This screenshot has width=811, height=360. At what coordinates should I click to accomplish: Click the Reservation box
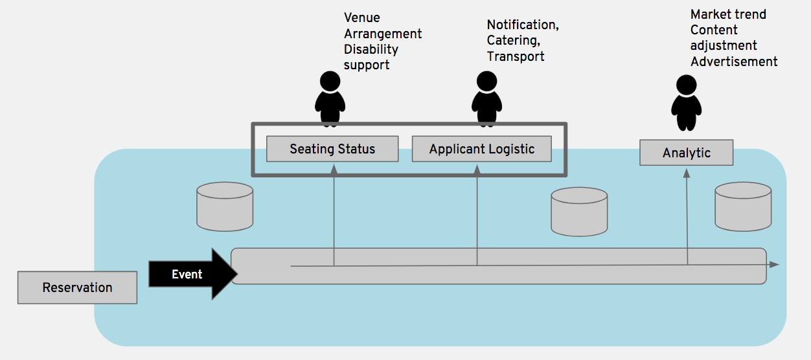pyautogui.click(x=77, y=287)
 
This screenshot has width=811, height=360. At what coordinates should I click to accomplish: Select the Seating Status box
pyautogui.click(x=332, y=149)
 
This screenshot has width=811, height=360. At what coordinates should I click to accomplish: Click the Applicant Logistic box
pyautogui.click(x=482, y=149)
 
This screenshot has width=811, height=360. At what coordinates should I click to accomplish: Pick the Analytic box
pyautogui.click(x=686, y=153)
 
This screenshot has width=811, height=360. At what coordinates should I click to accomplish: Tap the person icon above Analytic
pyautogui.click(x=686, y=103)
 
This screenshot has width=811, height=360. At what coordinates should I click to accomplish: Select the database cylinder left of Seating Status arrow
pyautogui.click(x=225, y=207)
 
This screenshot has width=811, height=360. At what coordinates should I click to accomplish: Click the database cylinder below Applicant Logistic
pyautogui.click(x=579, y=211)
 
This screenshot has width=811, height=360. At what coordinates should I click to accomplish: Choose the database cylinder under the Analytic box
pyautogui.click(x=743, y=206)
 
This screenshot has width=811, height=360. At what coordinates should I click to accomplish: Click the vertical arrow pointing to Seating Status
pyautogui.click(x=334, y=214)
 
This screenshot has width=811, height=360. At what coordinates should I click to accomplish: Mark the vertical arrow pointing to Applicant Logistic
pyautogui.click(x=477, y=214)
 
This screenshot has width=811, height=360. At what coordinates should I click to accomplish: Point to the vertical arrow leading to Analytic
pyautogui.click(x=687, y=217)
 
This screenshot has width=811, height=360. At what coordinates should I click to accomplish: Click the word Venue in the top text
pyautogui.click(x=362, y=17)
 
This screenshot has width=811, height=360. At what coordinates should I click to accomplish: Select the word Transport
pyautogui.click(x=516, y=56)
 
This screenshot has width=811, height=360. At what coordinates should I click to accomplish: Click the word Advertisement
pyautogui.click(x=734, y=62)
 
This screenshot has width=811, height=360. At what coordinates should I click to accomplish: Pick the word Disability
pyautogui.click(x=371, y=49)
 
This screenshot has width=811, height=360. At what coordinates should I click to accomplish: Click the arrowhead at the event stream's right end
pyautogui.click(x=774, y=265)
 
